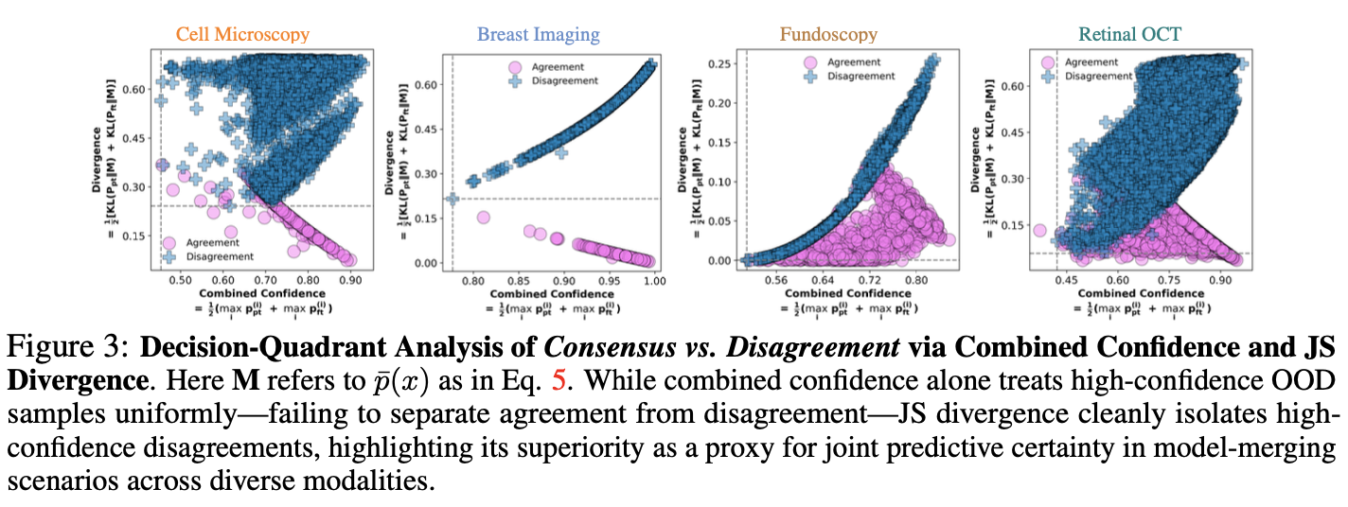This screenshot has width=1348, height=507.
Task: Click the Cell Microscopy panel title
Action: tap(242, 35)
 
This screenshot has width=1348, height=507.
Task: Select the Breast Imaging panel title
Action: tap(538, 35)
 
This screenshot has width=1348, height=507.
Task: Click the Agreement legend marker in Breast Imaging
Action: tap(515, 67)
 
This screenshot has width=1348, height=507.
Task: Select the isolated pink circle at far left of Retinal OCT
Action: tap(1039, 231)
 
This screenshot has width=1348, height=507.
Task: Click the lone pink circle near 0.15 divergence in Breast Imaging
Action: tap(483, 218)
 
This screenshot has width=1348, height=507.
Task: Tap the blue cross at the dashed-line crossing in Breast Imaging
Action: tap(452, 199)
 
